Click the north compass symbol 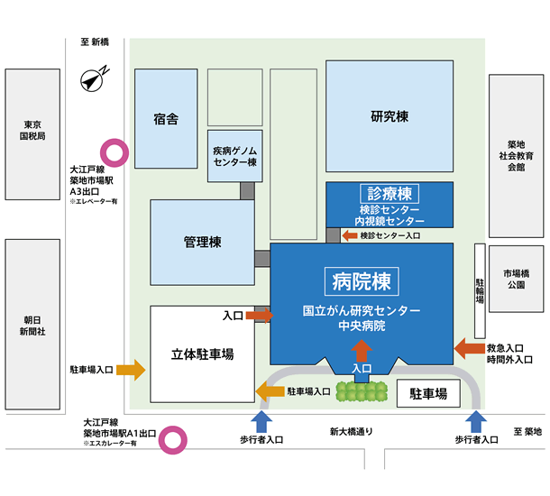coord(94,79)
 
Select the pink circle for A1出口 coord(170,440)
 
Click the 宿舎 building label coord(166,118)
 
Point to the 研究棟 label coord(390,116)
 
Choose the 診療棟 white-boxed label coord(390,194)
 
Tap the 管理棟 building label coord(203,242)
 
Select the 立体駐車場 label coord(202,354)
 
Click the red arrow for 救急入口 coord(469,347)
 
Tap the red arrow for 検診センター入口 coord(349,235)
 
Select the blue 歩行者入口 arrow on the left coord(261,420)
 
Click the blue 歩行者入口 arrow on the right coord(477,420)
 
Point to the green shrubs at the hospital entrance coord(362,391)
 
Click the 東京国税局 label coord(32,130)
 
